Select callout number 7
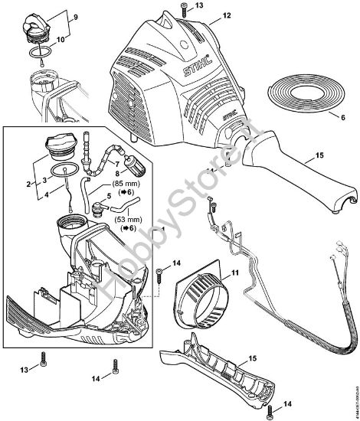(x=116, y=163)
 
